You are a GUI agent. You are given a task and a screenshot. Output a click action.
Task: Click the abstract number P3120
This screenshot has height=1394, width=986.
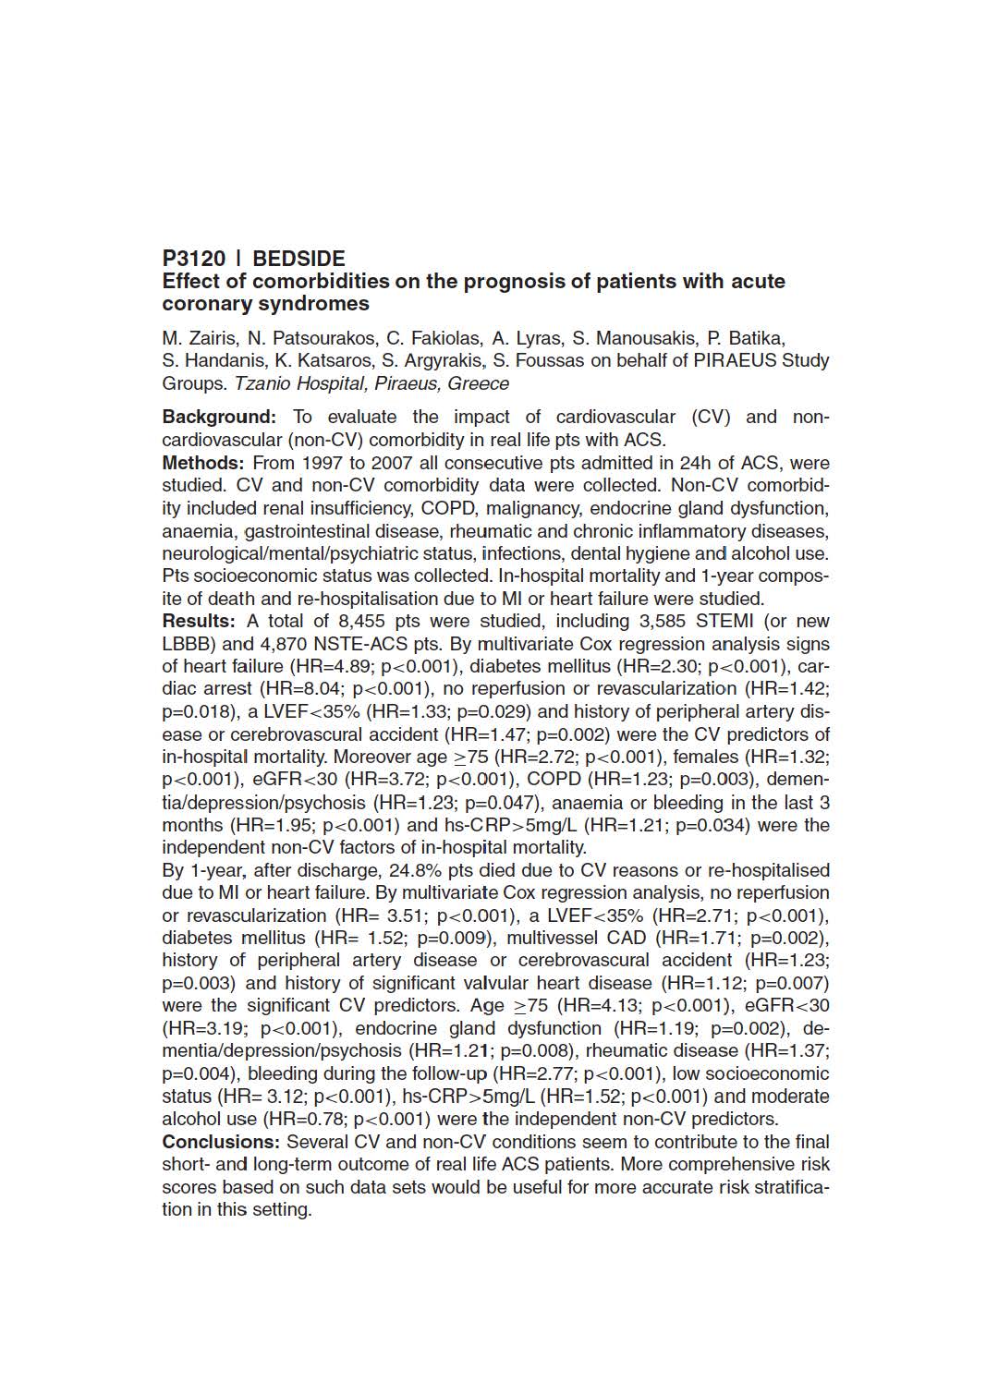[x=193, y=259]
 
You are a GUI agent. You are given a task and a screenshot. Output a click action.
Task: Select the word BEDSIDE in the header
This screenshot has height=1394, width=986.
[x=298, y=259]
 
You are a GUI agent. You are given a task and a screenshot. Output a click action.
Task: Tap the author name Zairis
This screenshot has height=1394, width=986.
[x=213, y=338]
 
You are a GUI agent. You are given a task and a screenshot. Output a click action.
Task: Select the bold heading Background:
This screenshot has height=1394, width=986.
[x=219, y=418]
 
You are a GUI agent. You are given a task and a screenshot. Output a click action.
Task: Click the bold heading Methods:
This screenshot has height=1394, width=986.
[x=203, y=463]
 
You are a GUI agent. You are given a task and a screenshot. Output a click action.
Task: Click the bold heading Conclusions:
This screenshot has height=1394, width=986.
[x=221, y=1142]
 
